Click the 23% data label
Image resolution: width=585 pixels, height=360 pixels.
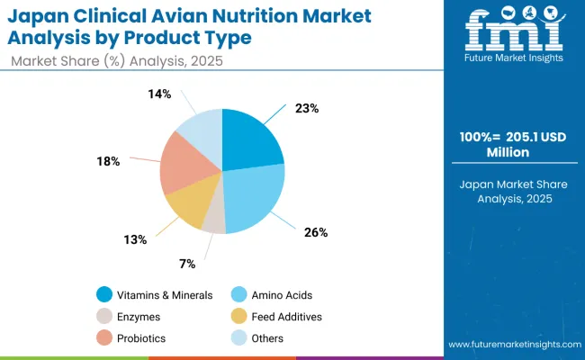(x=306, y=108)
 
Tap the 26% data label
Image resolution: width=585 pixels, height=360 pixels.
(x=316, y=232)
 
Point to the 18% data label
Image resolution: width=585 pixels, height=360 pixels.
(x=108, y=161)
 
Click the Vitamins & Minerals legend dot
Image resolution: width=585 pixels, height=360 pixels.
(x=105, y=294)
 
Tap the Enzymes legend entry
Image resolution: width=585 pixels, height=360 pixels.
(x=138, y=316)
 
